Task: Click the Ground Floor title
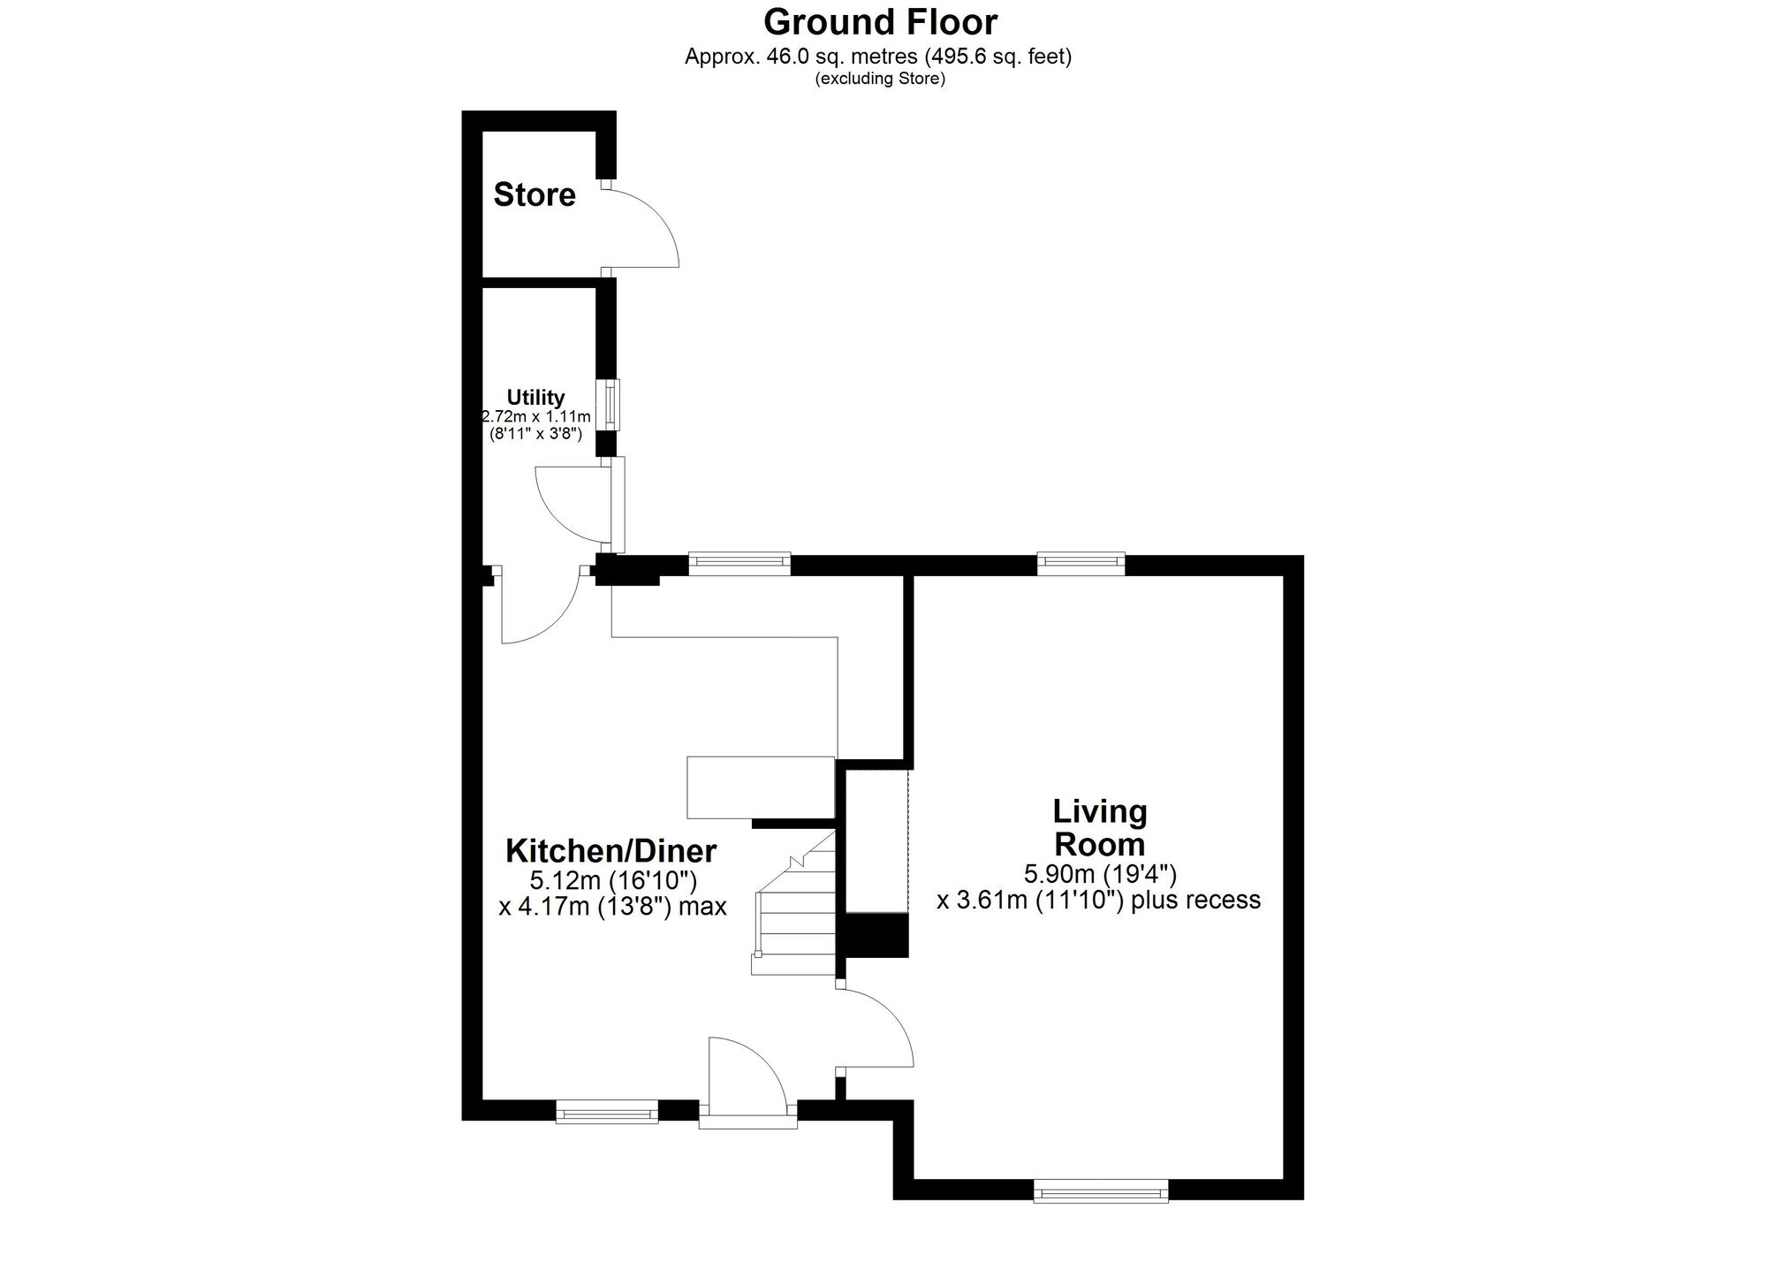pos(880,21)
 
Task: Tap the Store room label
pos(535,194)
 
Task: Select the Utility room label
pos(535,398)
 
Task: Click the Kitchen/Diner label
pos(610,851)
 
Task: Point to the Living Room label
pos(1100,827)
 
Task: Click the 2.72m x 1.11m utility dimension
pos(535,416)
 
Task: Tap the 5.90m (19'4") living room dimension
pos(1100,874)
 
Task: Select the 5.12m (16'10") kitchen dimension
pos(613,880)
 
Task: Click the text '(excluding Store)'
pos(880,79)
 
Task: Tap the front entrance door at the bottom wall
pos(747,1084)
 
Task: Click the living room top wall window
pos(1081,563)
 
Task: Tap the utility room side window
pos(608,404)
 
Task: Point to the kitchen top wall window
pos(739,563)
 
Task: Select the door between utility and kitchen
pos(541,606)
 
